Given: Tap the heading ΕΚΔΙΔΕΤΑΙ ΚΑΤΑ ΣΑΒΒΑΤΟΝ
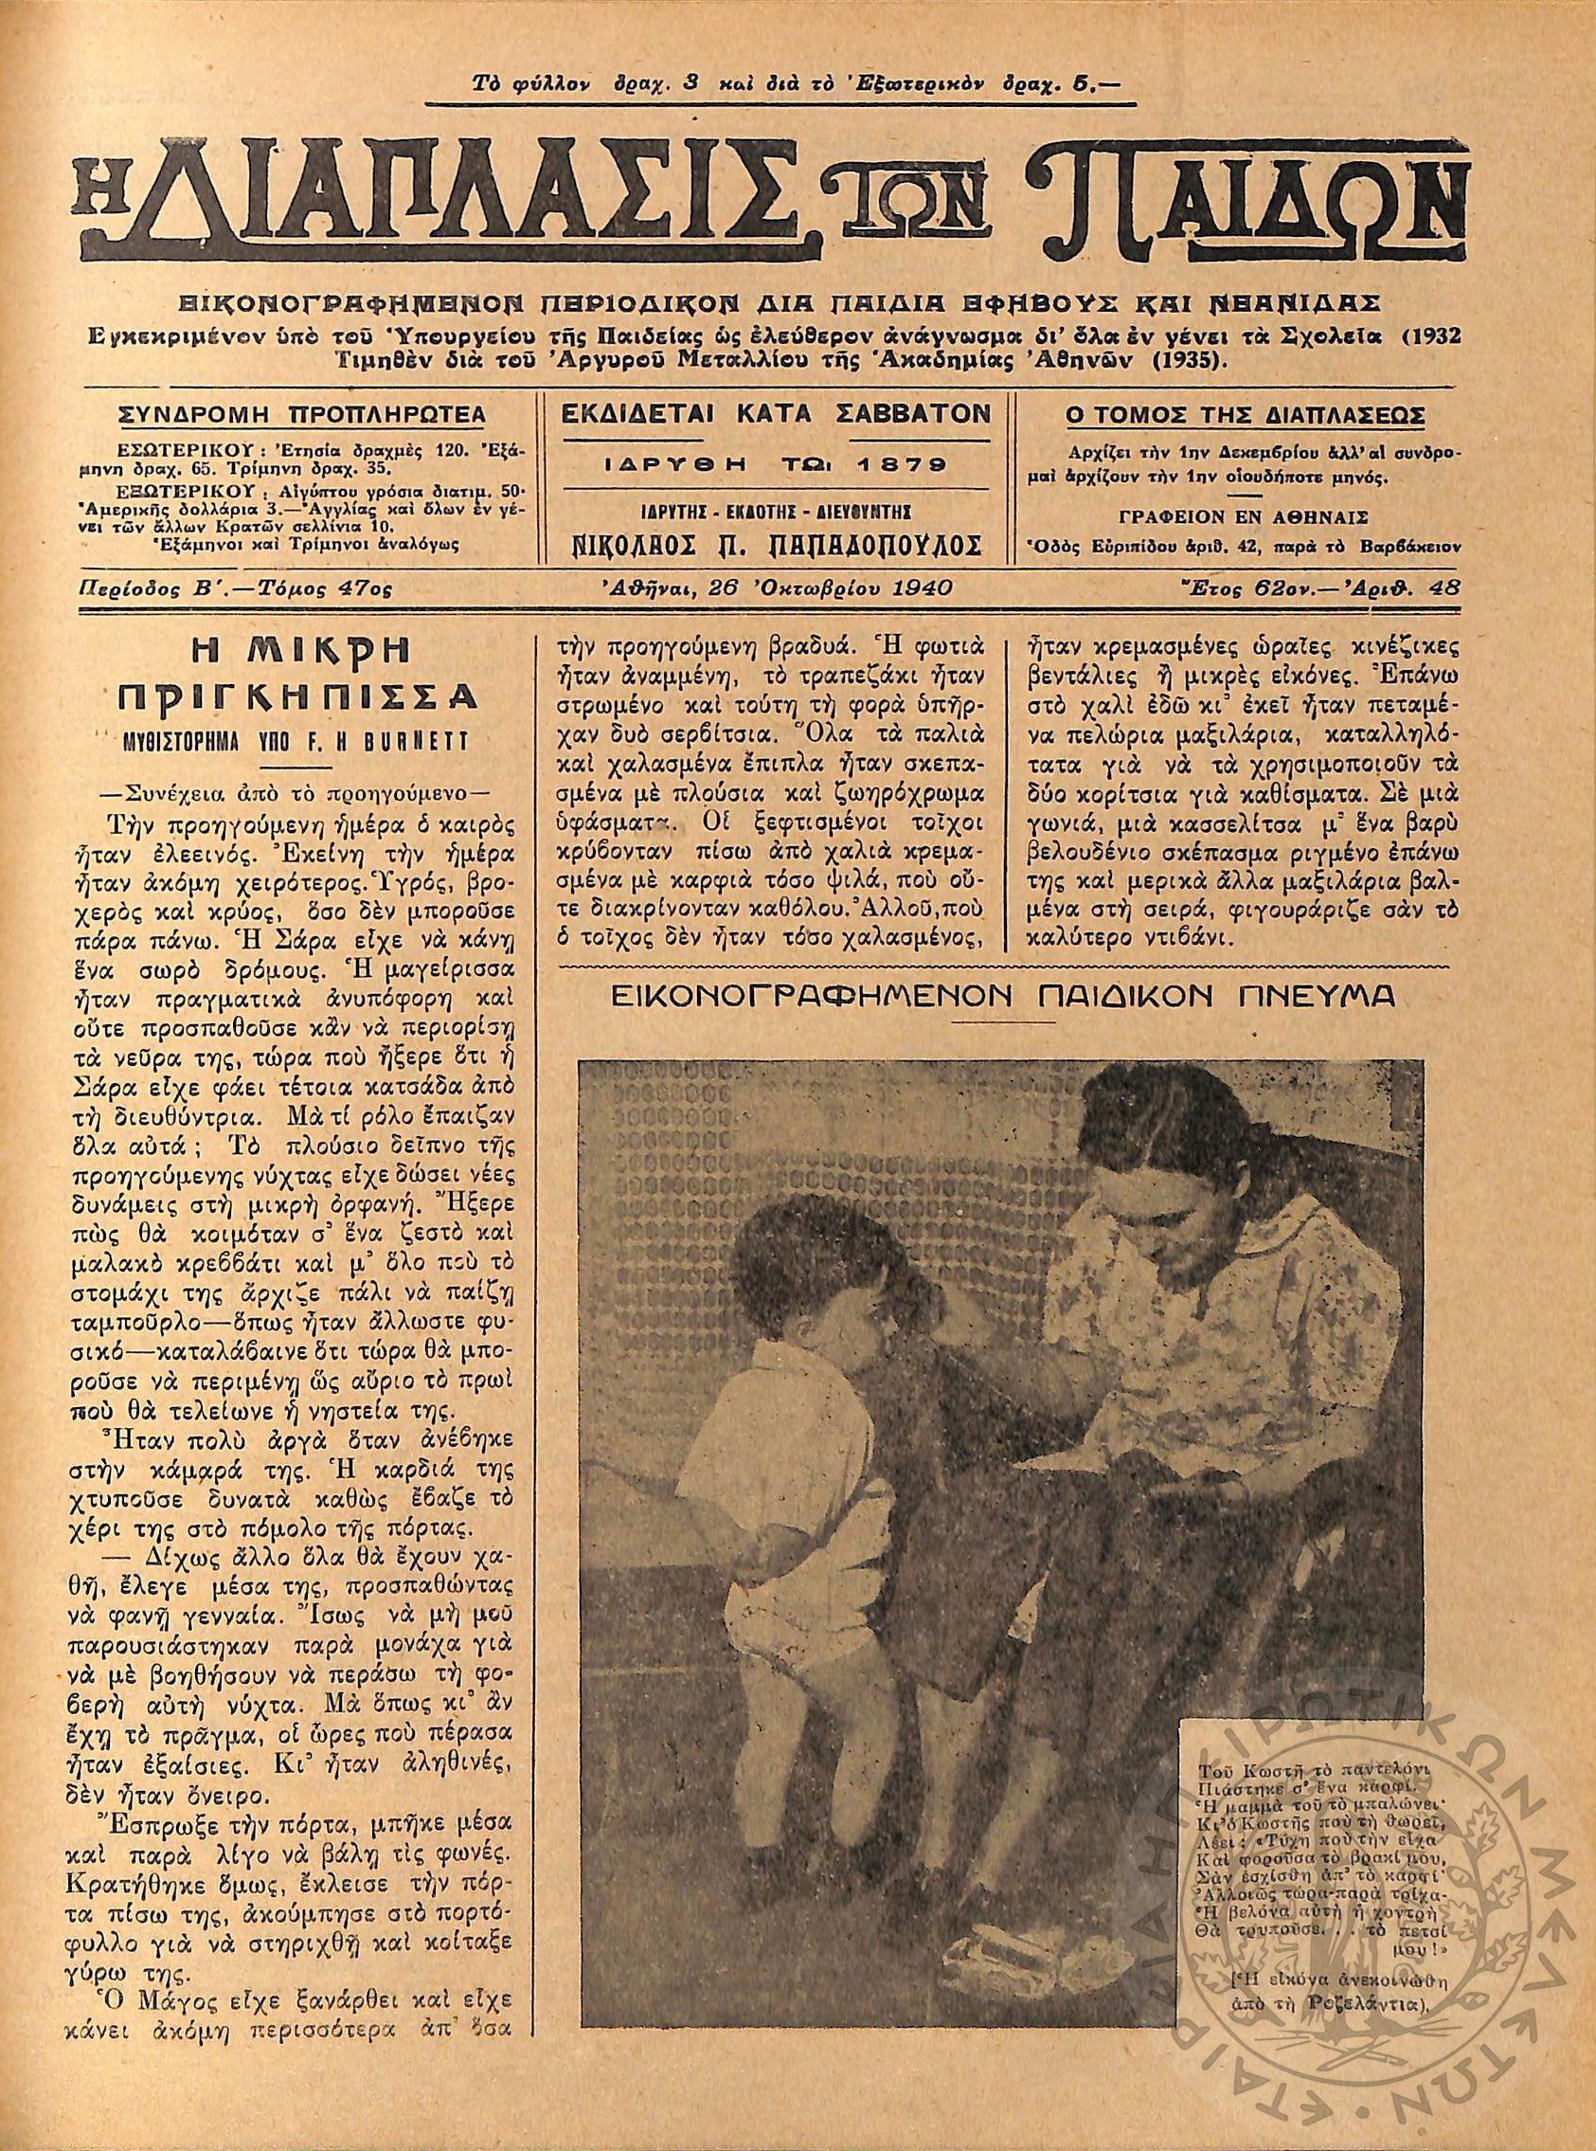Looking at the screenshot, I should pyautogui.click(x=777, y=414).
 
